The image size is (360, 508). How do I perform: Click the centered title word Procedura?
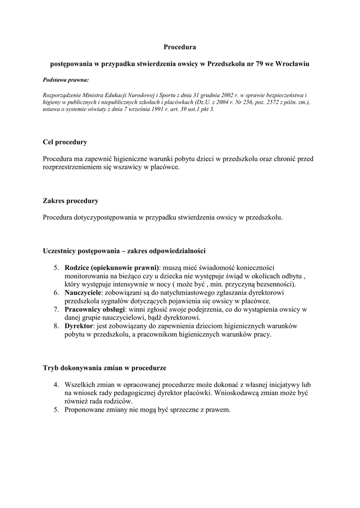tap(180, 48)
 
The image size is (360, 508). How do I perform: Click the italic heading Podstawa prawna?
tap(66, 79)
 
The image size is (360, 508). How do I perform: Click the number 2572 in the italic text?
tap(273, 102)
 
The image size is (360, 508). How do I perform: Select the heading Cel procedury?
tap(65, 142)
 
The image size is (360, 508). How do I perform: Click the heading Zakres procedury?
tap(71, 201)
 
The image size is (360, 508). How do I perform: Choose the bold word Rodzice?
tap(76, 268)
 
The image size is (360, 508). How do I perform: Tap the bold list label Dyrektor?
tap(79, 326)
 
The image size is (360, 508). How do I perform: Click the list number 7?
tap(57, 310)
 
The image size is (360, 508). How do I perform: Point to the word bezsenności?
tap(275, 284)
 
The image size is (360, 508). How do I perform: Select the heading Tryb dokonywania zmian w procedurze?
tap(104, 368)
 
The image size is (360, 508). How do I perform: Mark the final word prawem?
tap(218, 410)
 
